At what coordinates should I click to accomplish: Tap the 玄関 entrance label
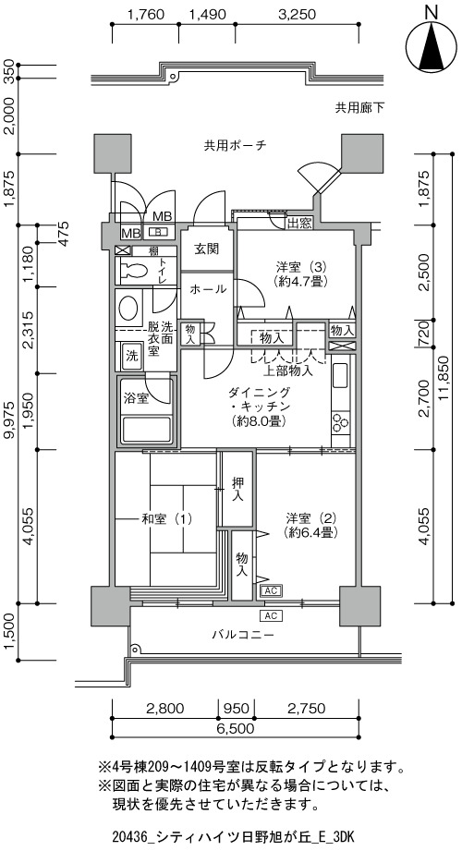[x=206, y=249]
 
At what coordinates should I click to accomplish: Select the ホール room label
[x=208, y=289]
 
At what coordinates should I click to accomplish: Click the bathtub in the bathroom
[x=147, y=429]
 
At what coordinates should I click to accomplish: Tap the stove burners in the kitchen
[x=340, y=422]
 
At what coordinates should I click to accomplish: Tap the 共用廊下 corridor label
[x=359, y=108]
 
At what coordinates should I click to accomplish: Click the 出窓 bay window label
[x=300, y=223]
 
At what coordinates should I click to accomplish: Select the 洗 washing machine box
[x=131, y=354]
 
